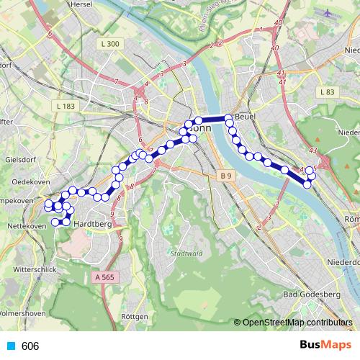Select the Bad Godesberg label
click(312, 294)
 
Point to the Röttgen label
click(135, 316)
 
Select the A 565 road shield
click(105, 276)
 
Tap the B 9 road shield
click(227, 176)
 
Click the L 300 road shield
click(110, 44)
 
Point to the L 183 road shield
click(64, 107)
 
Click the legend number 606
click(30, 346)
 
